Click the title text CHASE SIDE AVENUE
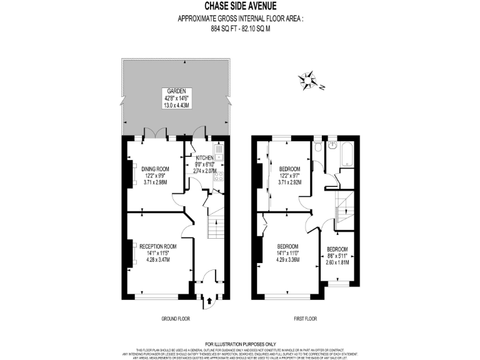tap(240, 7)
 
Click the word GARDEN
tap(176, 91)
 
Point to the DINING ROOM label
tap(155, 169)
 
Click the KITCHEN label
tap(204, 157)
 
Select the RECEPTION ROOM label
tap(157, 246)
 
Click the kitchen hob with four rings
tap(219, 176)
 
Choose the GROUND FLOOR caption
tap(176, 319)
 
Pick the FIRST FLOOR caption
tap(306, 319)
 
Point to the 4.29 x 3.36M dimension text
tap(288, 259)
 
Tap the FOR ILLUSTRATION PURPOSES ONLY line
tap(240, 344)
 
